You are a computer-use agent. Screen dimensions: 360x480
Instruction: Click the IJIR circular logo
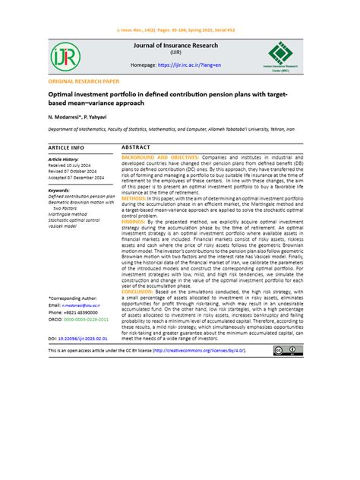pos(62,56)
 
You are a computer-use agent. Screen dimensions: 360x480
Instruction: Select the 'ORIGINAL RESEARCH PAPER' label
pos(84,80)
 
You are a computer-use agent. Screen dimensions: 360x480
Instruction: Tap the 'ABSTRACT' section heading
pos(136,147)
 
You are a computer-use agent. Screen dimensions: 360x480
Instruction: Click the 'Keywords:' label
pos(58,191)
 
